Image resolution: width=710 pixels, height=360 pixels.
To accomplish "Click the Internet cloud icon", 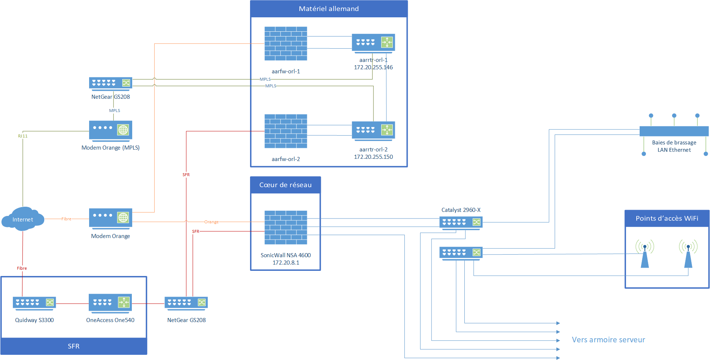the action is pos(23,219).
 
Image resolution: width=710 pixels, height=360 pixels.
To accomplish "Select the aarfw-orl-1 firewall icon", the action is pos(286,43).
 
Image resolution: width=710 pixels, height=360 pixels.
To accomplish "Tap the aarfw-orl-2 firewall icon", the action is pos(286,131).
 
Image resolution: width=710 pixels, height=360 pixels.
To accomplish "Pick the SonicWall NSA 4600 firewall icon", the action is pos(286,227).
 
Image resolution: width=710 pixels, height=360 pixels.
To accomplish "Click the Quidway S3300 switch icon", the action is pos(34,304).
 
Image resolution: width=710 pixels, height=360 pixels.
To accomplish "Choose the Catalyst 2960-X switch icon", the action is pos(461,223).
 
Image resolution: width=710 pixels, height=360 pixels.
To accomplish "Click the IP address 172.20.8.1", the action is pos(286,262).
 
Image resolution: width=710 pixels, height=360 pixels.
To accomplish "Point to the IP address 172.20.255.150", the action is pos(373,157).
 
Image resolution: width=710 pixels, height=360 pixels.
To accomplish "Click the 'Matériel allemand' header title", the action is pos(329,9).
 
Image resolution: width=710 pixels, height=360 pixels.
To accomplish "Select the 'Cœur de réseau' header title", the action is pos(285,185).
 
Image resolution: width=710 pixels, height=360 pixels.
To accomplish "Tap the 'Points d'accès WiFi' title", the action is pos(667,219).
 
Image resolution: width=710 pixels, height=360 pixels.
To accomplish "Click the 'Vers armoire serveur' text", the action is pos(608,340).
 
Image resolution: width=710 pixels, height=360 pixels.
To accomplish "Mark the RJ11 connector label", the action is pos(23,136).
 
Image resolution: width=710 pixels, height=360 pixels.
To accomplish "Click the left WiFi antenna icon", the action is pos(645,254).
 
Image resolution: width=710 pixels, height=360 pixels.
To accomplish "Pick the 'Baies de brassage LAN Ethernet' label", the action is pos(674,146).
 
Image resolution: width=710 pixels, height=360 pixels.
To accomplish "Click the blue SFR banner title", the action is pos(74,346).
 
